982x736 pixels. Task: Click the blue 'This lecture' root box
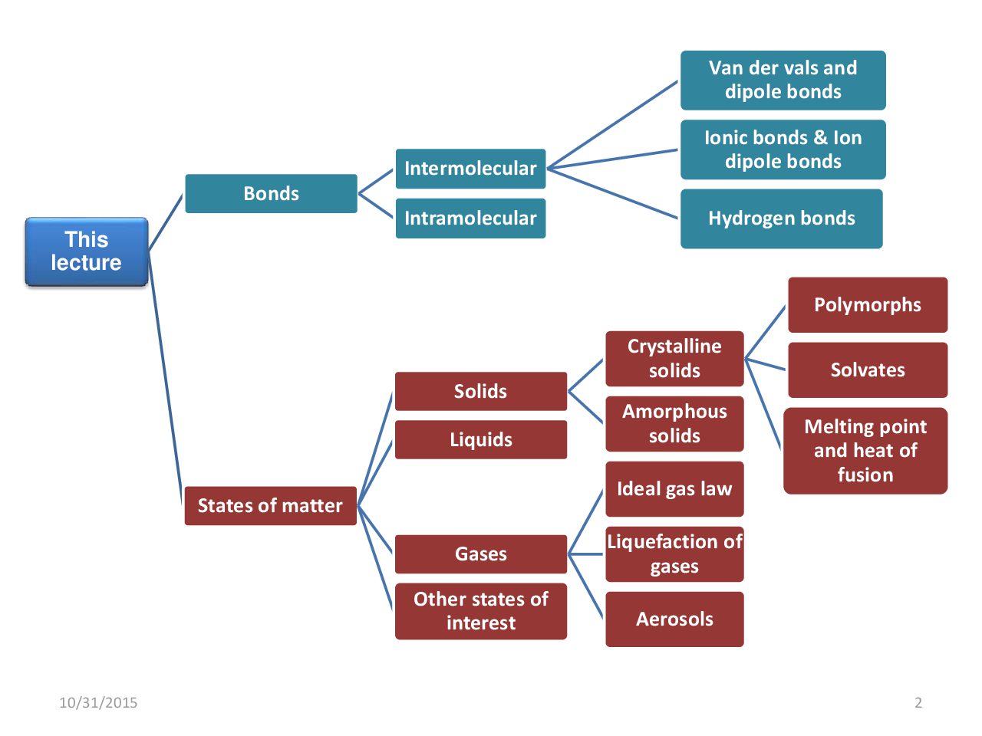[x=86, y=251]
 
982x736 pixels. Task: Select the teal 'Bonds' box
[x=271, y=193]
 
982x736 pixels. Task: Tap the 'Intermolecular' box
[x=470, y=169]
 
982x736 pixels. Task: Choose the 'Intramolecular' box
[x=470, y=219]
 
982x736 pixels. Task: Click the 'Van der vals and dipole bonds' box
[x=783, y=80]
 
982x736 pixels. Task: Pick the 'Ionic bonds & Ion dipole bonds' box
[x=783, y=149]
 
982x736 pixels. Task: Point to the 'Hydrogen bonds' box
[x=781, y=219]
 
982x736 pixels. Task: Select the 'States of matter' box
[x=270, y=506]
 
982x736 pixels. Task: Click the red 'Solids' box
[x=480, y=392]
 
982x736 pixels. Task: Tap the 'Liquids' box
[x=480, y=440]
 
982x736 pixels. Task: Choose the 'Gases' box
[x=480, y=554]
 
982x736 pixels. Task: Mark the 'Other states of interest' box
[x=480, y=611]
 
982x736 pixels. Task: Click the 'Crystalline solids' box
[x=674, y=359]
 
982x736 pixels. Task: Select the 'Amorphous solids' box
[x=674, y=424]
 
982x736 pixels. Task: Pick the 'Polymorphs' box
[x=867, y=305]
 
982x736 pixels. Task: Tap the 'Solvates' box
[x=867, y=370]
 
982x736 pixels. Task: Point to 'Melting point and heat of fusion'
[x=865, y=451]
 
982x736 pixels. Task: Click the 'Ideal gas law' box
[x=674, y=489]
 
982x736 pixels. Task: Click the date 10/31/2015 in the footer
[x=98, y=702]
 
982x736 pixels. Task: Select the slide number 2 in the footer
[x=918, y=702]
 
